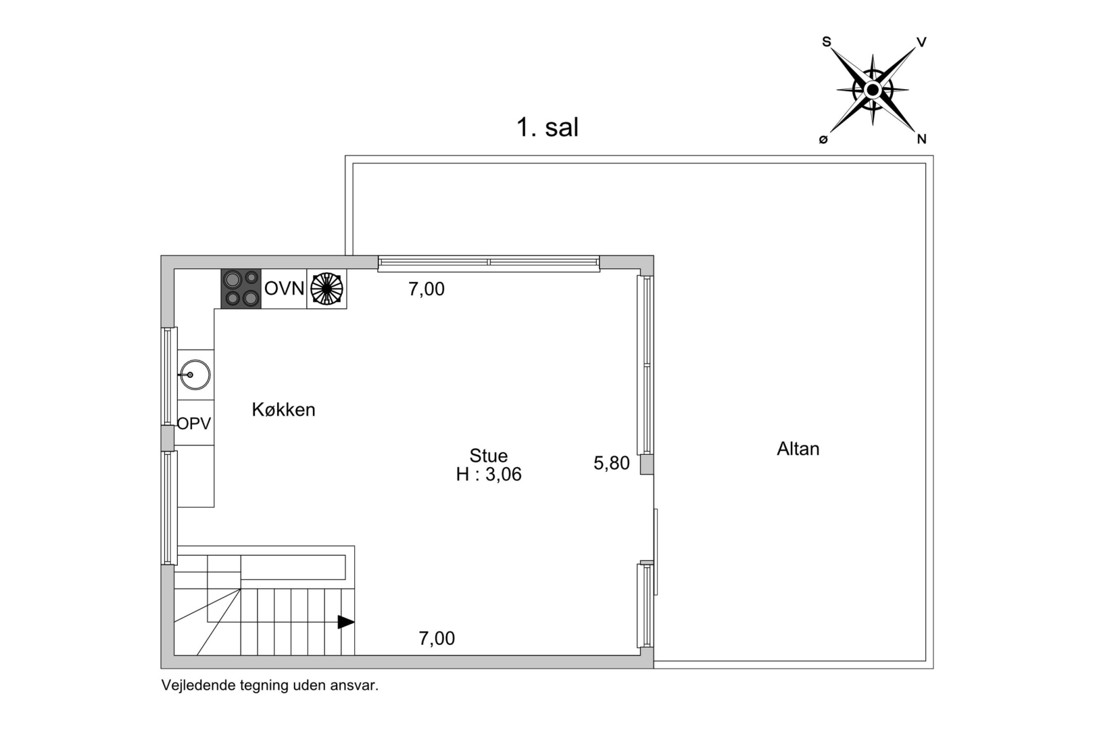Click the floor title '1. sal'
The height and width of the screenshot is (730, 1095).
(547, 128)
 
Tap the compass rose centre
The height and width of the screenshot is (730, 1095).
(873, 90)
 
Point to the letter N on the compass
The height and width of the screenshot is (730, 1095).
(921, 139)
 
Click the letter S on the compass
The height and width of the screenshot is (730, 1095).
(826, 42)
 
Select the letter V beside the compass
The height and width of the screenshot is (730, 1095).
(921, 43)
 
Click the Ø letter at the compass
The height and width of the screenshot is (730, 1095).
(823, 140)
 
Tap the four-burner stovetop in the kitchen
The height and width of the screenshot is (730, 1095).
(241, 289)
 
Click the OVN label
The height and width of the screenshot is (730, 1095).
(284, 289)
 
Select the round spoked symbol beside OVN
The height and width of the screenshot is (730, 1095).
(326, 289)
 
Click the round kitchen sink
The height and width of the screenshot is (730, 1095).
(195, 375)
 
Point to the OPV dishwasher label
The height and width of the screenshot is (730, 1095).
(194, 423)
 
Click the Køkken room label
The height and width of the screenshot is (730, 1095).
(283, 410)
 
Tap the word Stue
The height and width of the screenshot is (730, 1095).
(488, 456)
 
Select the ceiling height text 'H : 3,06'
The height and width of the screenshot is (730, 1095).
(489, 474)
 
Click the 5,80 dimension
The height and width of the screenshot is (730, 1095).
(612, 463)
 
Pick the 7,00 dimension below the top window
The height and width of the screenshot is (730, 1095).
(427, 289)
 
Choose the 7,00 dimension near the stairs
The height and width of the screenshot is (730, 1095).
(437, 638)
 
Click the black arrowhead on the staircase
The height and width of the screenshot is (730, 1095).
(345, 622)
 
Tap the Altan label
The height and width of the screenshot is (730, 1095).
(798, 449)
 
